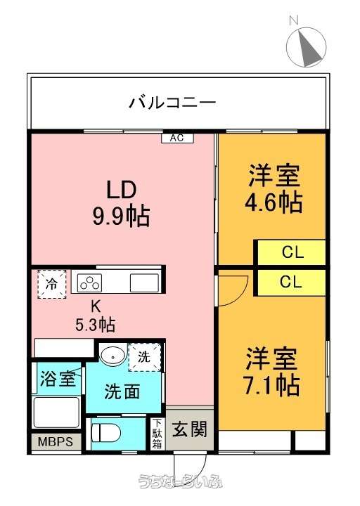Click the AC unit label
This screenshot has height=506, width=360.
(177, 138)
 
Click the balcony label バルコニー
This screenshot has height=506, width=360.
(173, 103)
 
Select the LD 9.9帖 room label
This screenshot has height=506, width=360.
(122, 203)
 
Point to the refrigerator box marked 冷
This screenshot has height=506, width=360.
(52, 284)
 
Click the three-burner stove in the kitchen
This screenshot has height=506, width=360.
(90, 283)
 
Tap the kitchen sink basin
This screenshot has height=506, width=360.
(144, 283)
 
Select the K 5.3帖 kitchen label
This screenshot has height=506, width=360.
(95, 316)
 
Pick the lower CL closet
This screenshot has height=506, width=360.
(291, 282)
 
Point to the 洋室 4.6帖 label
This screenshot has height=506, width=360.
(274, 188)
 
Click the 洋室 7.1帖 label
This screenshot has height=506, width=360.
(272, 372)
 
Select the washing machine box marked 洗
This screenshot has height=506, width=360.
(144, 357)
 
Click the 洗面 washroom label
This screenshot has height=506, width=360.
(122, 391)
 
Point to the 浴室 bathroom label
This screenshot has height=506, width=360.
(58, 378)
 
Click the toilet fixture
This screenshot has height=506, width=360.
(106, 432)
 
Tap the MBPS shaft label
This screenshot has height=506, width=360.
(56, 441)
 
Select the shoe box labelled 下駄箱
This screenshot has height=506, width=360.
(157, 434)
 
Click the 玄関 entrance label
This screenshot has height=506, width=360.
(190, 429)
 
